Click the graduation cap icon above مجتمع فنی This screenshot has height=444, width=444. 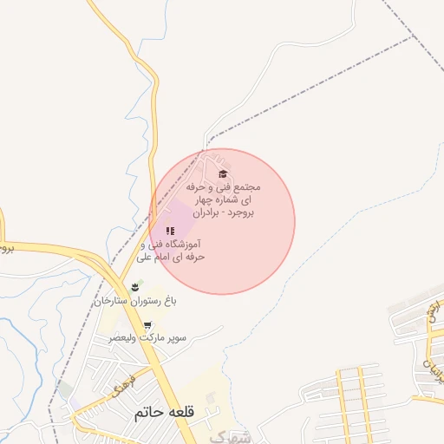(223, 174)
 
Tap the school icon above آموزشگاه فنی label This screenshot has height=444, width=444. (170, 231)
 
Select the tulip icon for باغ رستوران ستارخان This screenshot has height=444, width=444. (134, 286)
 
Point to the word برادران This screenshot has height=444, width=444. (197, 212)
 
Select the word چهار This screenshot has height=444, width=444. (204, 199)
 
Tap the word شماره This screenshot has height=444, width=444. (232, 199)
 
